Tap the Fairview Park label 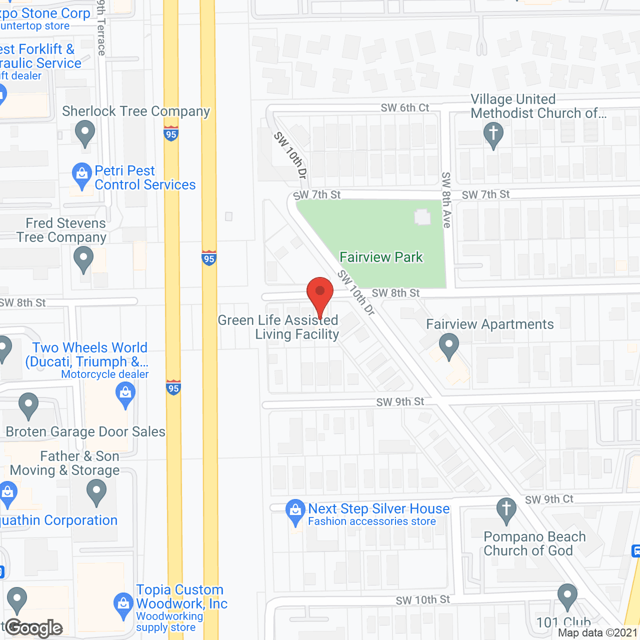point(381,257)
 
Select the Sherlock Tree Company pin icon point(84,133)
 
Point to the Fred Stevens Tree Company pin point(83,259)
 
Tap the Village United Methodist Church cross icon point(493,134)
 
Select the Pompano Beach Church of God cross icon point(506,510)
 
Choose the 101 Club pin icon point(567,595)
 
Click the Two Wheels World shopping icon point(125,394)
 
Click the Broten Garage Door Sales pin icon point(28,405)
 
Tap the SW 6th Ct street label point(405,107)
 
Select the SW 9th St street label point(400,402)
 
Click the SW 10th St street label point(423,600)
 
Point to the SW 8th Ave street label point(446,200)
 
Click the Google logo point(34,628)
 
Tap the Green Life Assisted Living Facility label point(278,327)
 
